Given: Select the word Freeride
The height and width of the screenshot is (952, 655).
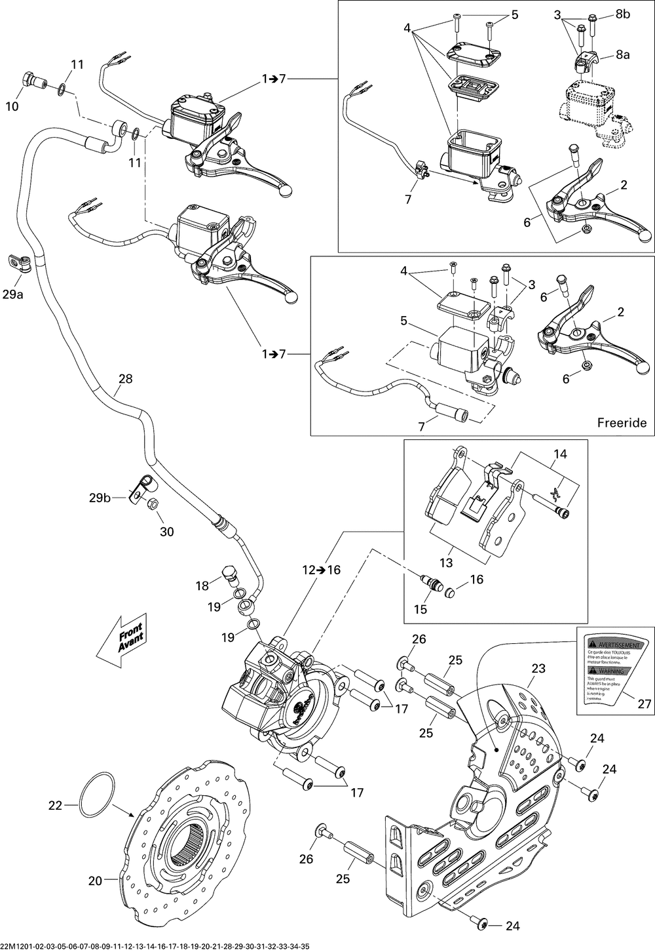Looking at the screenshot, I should (622, 423).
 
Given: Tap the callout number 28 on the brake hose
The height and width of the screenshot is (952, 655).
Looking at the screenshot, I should (125, 379).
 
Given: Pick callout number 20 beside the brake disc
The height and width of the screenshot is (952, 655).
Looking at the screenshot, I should (96, 881).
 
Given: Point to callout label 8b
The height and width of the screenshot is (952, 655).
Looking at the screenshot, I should (622, 15).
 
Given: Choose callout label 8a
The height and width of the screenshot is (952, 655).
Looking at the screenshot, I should (622, 56).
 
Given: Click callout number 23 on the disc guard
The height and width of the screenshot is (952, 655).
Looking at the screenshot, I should (538, 669).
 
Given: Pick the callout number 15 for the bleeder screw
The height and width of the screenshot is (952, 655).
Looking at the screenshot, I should (421, 609).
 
